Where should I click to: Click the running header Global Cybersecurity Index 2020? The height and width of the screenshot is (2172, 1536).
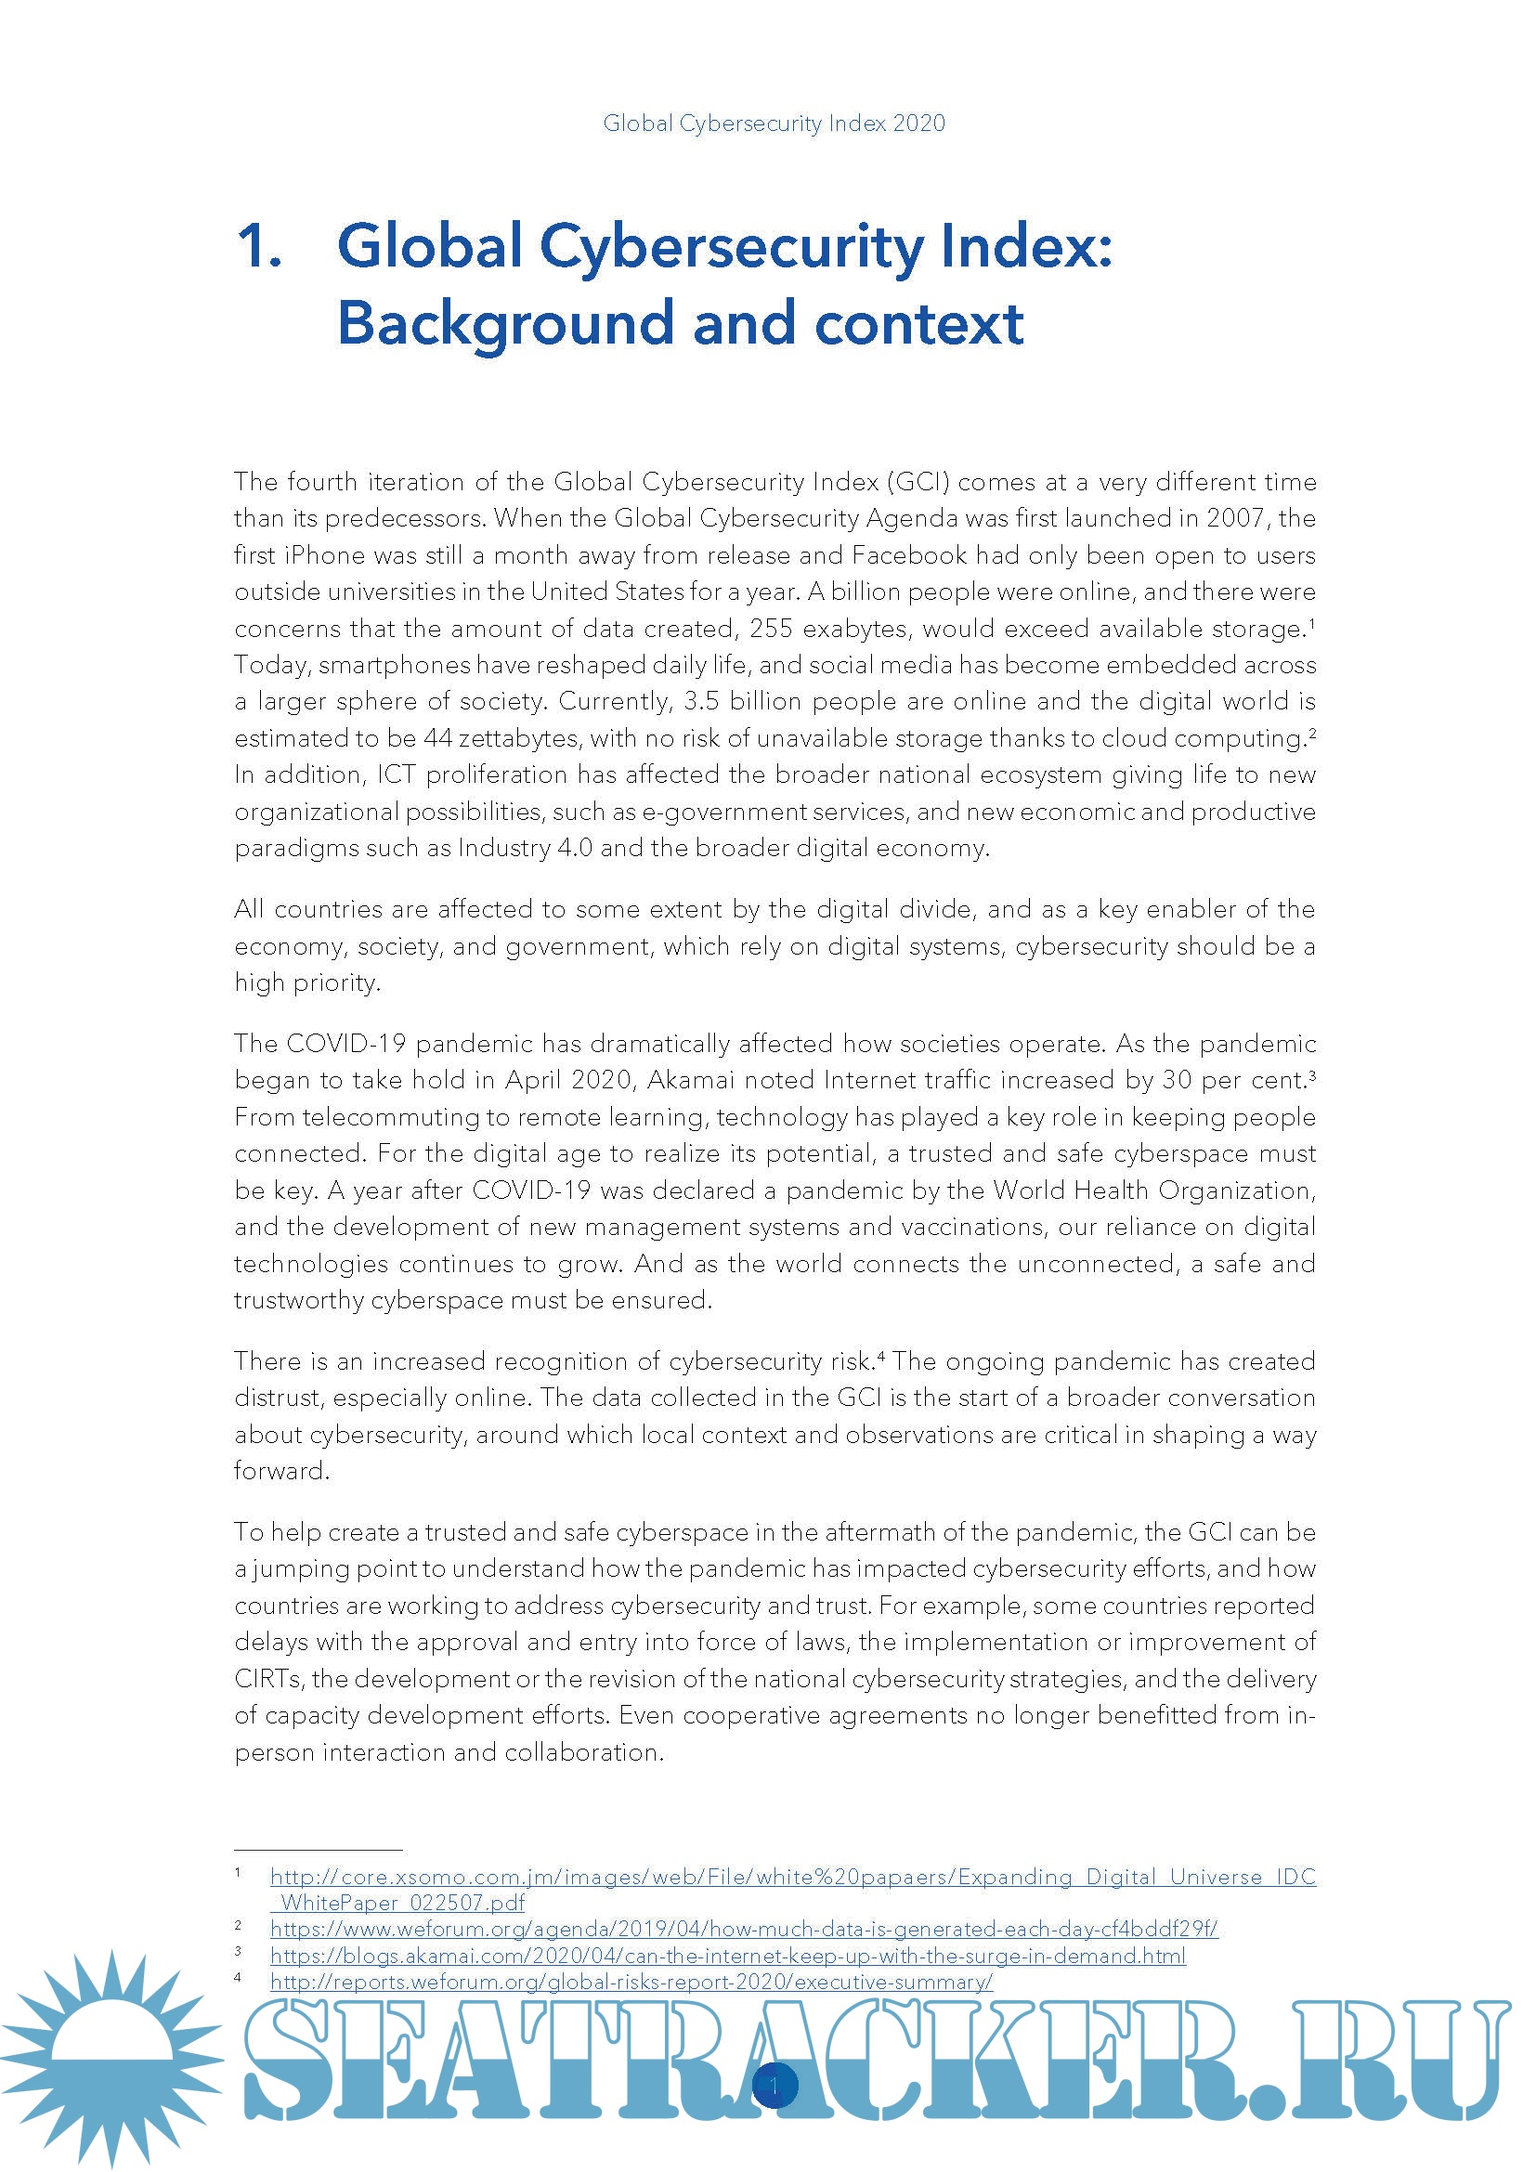pos(774,124)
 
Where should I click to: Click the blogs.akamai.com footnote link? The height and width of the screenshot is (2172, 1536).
pos(727,1956)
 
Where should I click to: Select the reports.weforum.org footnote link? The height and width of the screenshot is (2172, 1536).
pos(631,1982)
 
